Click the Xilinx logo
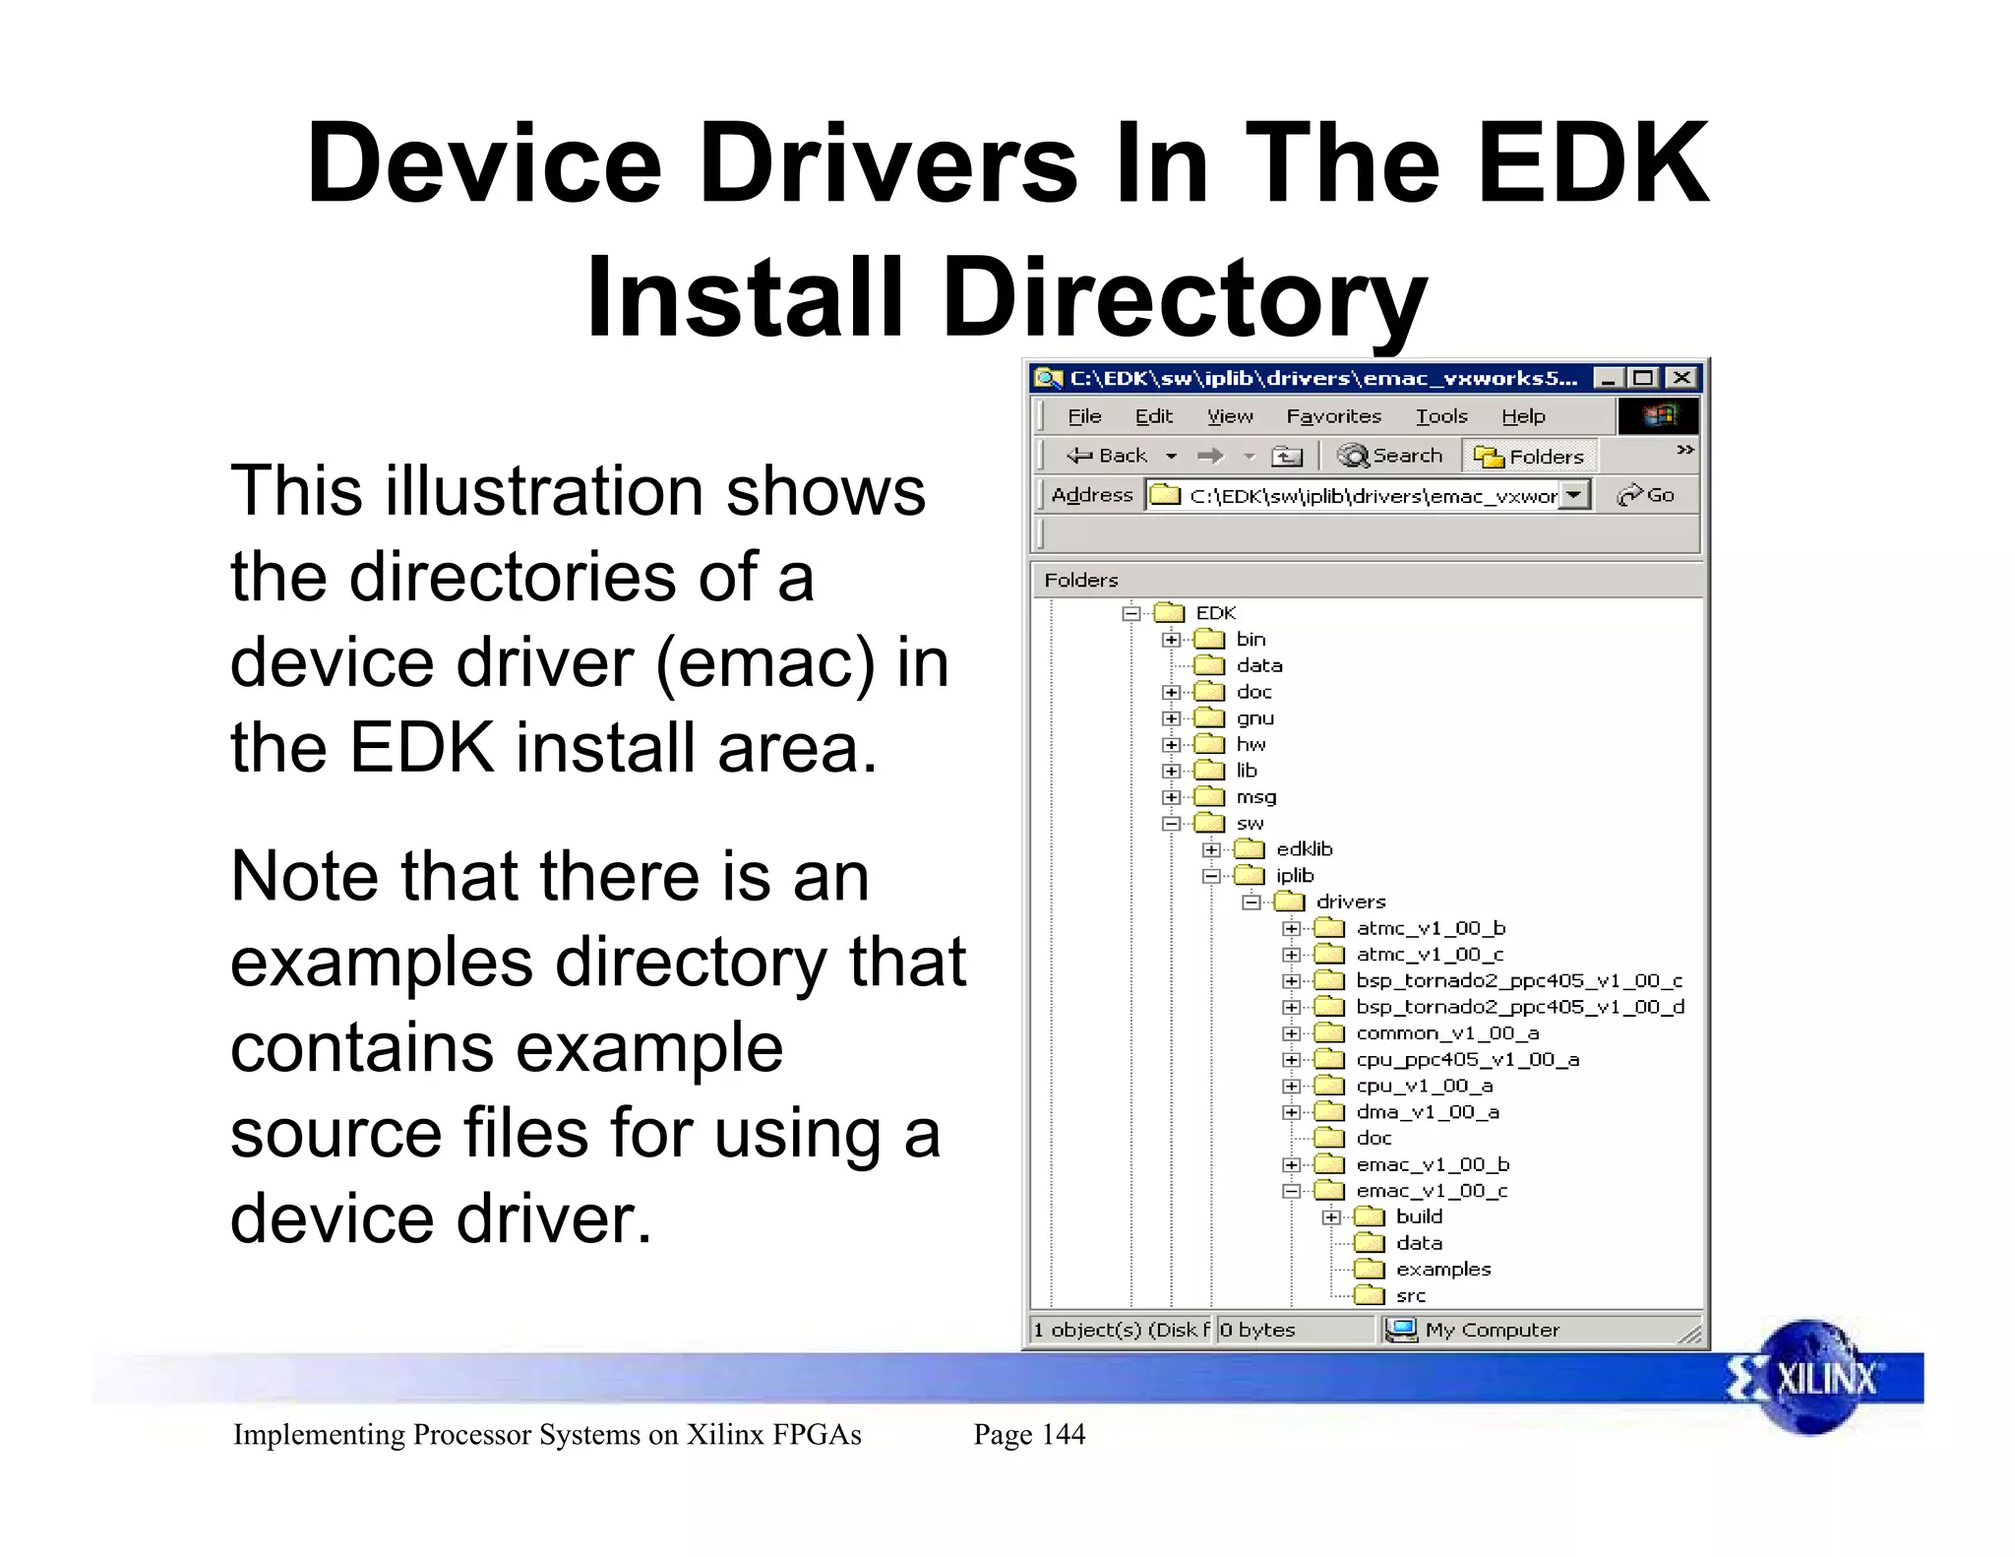(x=1809, y=1378)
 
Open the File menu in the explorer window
(x=1084, y=416)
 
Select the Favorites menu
(x=1333, y=416)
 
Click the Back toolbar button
(x=1108, y=456)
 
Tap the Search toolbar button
(x=1391, y=456)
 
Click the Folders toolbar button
(x=1530, y=457)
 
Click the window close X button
(x=1682, y=378)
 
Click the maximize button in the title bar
(x=1643, y=378)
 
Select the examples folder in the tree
(x=1442, y=1270)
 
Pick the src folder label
(x=1410, y=1296)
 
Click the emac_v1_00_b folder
(x=1432, y=1164)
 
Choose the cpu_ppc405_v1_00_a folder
(x=1467, y=1060)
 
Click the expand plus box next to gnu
(x=1171, y=718)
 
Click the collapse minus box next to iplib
(x=1211, y=876)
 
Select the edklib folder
(x=1304, y=849)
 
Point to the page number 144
(x=1063, y=1434)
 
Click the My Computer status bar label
(x=1492, y=1330)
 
